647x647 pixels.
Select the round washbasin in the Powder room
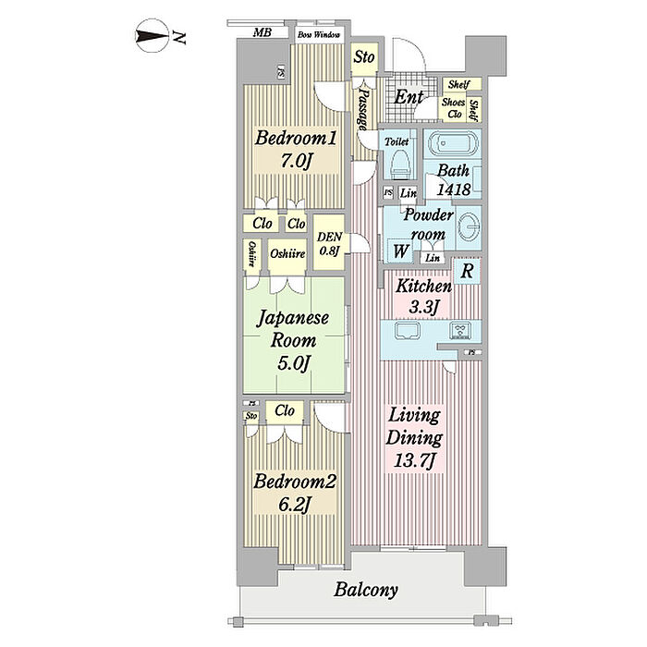(470, 224)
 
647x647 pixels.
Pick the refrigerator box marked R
(468, 272)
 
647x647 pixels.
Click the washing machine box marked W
(401, 250)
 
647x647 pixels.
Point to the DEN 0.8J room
(328, 242)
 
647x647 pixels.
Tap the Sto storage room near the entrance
(364, 58)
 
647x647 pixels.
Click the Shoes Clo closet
(453, 108)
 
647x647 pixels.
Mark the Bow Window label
(318, 35)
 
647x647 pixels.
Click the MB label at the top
(262, 34)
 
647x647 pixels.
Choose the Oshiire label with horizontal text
(283, 252)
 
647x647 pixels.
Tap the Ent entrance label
(408, 97)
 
